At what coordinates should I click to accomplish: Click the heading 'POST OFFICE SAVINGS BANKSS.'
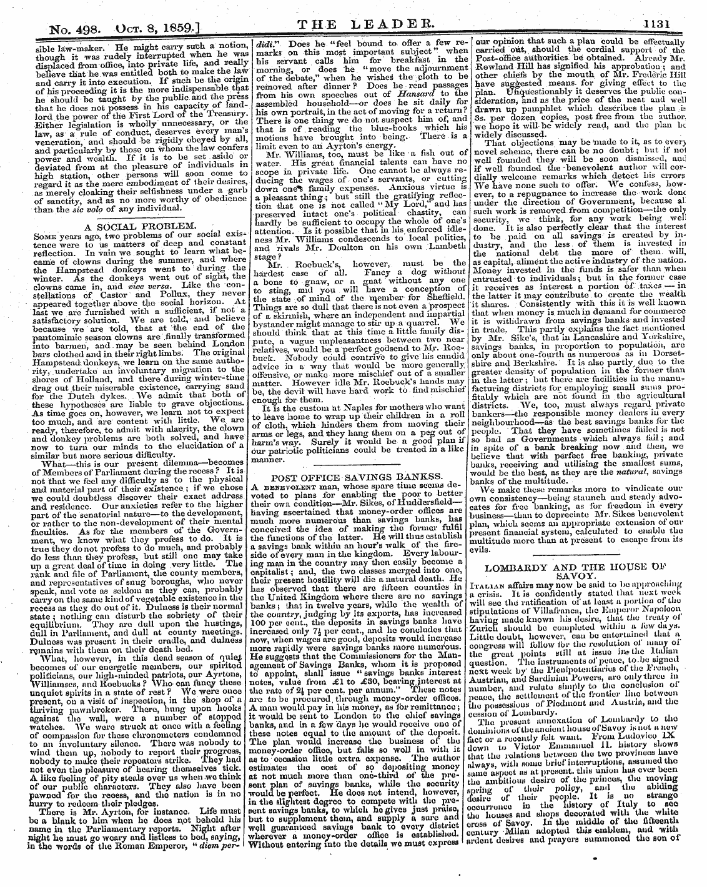point(354,477)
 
